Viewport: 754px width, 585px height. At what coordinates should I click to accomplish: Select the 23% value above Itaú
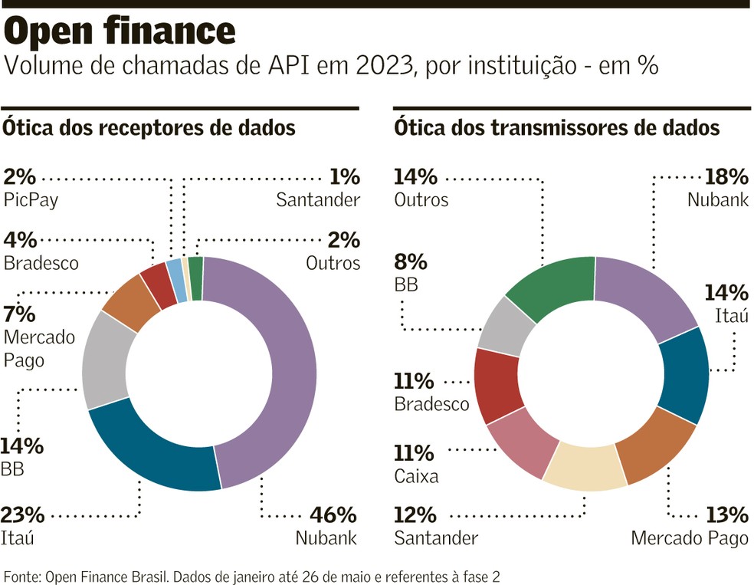(x=22, y=514)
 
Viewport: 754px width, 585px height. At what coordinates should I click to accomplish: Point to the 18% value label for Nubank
(x=726, y=177)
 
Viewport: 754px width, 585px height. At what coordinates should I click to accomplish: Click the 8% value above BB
(x=409, y=262)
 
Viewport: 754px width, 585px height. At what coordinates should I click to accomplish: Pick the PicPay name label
(x=31, y=201)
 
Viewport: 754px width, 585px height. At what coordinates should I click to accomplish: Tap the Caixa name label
(x=416, y=476)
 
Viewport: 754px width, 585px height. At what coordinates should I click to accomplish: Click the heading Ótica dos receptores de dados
(x=149, y=127)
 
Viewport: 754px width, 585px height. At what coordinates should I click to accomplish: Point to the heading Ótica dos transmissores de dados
(x=556, y=127)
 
